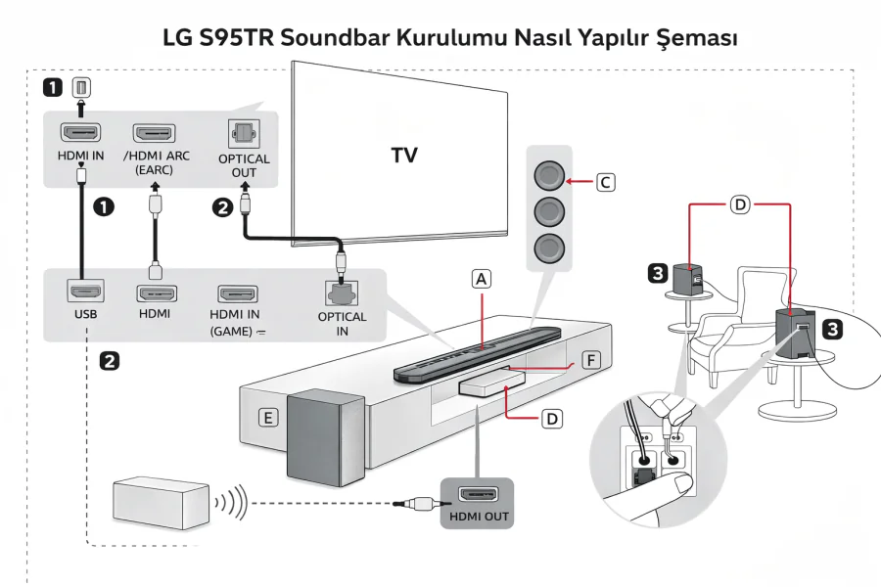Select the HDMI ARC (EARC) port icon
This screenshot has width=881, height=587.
[x=154, y=133]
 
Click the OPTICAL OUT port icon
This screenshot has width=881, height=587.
[x=243, y=133]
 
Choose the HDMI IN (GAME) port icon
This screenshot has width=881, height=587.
[x=237, y=293]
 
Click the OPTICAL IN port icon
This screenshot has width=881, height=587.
[x=342, y=292]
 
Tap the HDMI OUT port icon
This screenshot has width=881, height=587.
[x=479, y=494]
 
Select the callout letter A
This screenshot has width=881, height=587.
[x=481, y=278]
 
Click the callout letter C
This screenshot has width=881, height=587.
[x=606, y=182]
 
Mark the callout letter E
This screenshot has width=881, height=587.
[x=265, y=418]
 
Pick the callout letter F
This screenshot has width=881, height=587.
[x=589, y=360]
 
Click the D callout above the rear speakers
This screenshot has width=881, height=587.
[x=741, y=204]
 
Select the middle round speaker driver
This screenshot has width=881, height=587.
[x=548, y=210]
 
